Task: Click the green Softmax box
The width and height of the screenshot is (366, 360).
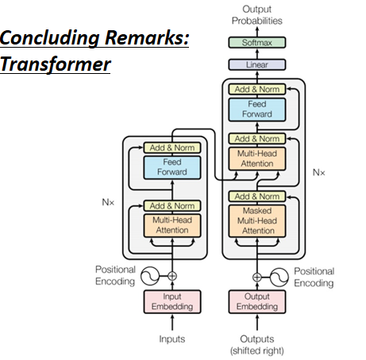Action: pyautogui.click(x=257, y=42)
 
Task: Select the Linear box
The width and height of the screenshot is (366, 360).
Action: pyautogui.click(x=257, y=64)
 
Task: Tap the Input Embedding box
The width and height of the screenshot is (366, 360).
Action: pyautogui.click(x=172, y=302)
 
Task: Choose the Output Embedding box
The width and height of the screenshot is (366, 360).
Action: pyautogui.click(x=257, y=302)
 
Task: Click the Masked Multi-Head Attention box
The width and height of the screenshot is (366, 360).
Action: pyautogui.click(x=257, y=221)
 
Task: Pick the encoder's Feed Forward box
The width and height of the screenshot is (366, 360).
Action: pyautogui.click(x=172, y=168)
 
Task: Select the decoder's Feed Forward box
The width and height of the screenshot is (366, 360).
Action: pyautogui.click(x=257, y=110)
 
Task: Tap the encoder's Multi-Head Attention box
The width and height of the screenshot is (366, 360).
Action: pyautogui.click(x=172, y=226)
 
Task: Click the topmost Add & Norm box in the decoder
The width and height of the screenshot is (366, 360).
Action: pyautogui.click(x=257, y=89)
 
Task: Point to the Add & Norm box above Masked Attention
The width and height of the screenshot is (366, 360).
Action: pyautogui.click(x=257, y=196)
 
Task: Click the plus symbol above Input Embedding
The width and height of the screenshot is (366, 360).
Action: pyautogui.click(x=172, y=276)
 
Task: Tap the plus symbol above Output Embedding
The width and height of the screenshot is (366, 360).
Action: pyautogui.click(x=257, y=277)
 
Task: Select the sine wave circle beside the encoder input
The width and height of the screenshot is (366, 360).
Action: pyautogui.click(x=150, y=276)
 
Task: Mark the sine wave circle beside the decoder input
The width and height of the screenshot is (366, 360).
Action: pyautogui.click(x=279, y=277)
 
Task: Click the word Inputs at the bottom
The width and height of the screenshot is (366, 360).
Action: pyautogui.click(x=172, y=339)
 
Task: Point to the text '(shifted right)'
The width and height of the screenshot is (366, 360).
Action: pyautogui.click(x=257, y=351)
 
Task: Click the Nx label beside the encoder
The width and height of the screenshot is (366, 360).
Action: pyautogui.click(x=108, y=203)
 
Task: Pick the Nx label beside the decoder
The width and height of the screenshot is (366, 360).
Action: pyautogui.click(x=318, y=172)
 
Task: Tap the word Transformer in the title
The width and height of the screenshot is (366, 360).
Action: pyautogui.click(x=56, y=64)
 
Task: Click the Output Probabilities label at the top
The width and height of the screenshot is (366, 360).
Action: pyautogui.click(x=257, y=15)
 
